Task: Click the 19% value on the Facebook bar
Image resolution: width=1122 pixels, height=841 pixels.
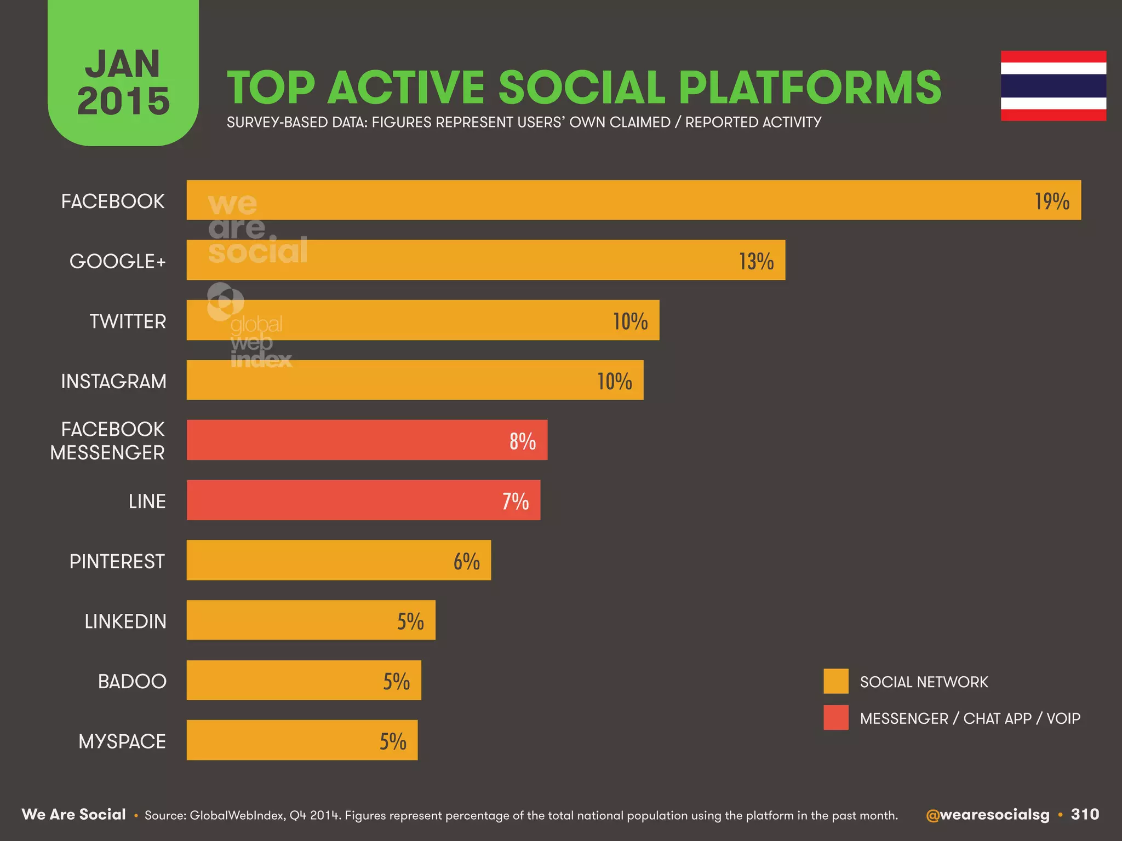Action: pyautogui.click(x=1051, y=201)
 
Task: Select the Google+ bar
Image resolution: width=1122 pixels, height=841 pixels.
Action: pyautogui.click(x=485, y=260)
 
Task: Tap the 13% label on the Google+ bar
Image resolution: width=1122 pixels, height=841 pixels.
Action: pyautogui.click(x=756, y=261)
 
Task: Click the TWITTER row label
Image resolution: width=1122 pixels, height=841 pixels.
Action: pyautogui.click(x=128, y=321)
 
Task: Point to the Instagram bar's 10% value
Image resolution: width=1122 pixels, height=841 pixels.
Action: pyautogui.click(x=614, y=381)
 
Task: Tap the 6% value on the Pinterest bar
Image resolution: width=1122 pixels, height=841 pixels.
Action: pyautogui.click(x=466, y=561)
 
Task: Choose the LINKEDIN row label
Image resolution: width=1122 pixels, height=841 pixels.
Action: pyautogui.click(x=125, y=621)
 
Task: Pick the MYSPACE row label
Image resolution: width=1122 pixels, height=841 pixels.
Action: pyautogui.click(x=122, y=741)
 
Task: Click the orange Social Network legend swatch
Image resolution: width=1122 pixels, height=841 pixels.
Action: pyautogui.click(x=835, y=681)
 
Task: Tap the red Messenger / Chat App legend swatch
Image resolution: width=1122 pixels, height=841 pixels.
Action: pyautogui.click(x=835, y=717)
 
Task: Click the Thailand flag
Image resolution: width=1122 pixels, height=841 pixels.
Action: pyautogui.click(x=1053, y=86)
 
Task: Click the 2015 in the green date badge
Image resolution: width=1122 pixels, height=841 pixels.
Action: pyautogui.click(x=123, y=101)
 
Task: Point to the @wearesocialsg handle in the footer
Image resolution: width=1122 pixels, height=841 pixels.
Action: pyautogui.click(x=987, y=815)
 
